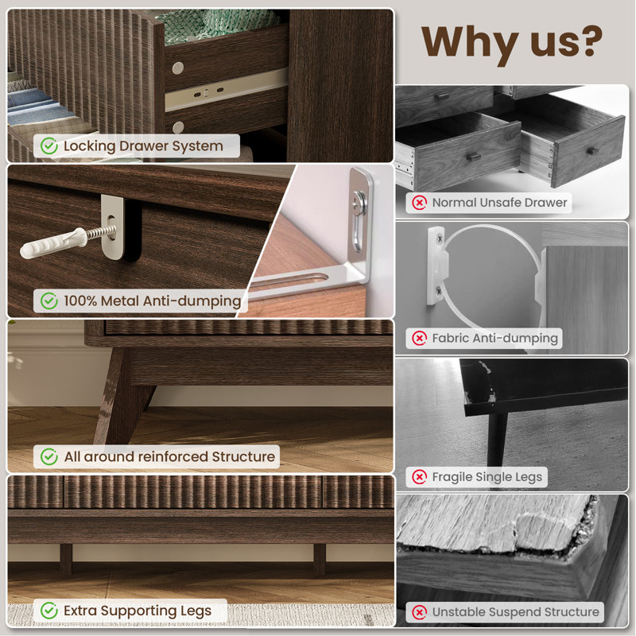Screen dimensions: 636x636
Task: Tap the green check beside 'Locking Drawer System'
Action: [49, 146]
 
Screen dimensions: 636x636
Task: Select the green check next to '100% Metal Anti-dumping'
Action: [49, 301]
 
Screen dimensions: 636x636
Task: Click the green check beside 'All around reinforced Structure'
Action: [49, 456]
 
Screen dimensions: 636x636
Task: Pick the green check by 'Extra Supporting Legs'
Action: [49, 611]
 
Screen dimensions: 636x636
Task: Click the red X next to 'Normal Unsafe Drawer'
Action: [420, 203]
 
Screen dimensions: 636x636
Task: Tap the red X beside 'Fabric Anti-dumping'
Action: [420, 338]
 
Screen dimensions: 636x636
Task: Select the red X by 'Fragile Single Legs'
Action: [420, 477]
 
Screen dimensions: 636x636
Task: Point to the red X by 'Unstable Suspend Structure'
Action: [420, 612]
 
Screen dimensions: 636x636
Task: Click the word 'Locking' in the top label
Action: [89, 146]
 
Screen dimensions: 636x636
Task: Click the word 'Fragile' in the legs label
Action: [452, 478]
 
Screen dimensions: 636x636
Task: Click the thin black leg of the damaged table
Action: [496, 440]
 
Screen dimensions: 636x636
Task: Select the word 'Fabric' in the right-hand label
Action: [450, 337]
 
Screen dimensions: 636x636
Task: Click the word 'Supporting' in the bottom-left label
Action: [138, 611]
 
